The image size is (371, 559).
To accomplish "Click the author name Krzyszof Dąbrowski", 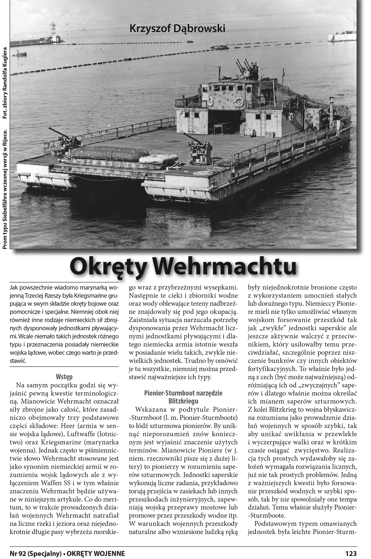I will pyautogui.click(x=177, y=29).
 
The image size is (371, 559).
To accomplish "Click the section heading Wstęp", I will pyautogui.click(x=64, y=377).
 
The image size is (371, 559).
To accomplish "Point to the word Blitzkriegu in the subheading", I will pyautogui.click(x=183, y=401).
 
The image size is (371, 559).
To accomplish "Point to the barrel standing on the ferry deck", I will pyautogui.click(x=251, y=132).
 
